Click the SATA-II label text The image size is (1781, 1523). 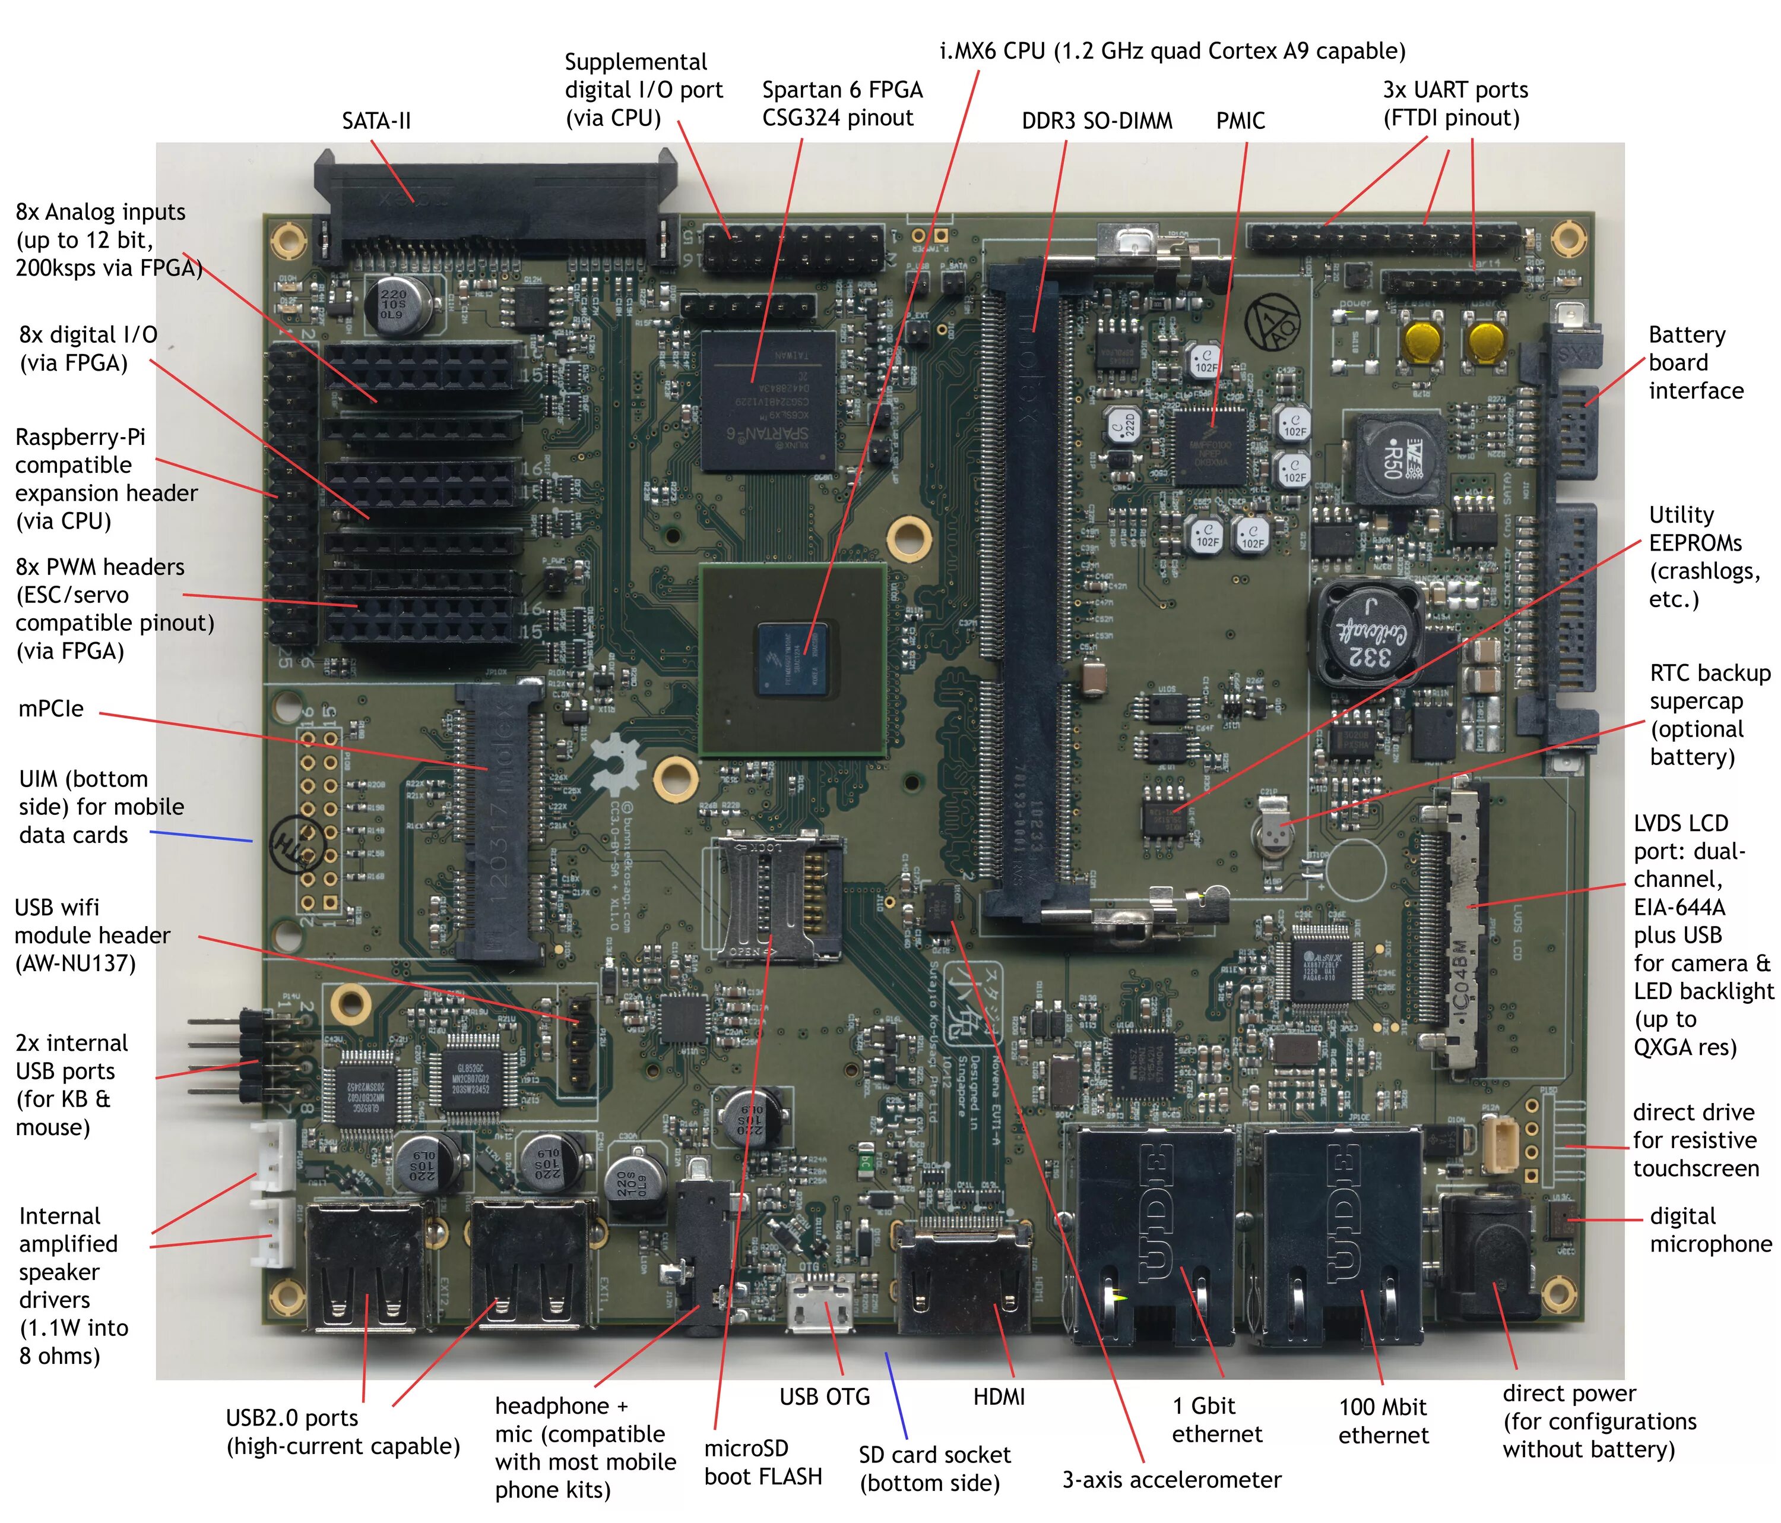point(376,121)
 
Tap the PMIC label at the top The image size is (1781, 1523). point(1240,121)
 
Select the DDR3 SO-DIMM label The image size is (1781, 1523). point(1096,121)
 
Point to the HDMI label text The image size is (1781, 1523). point(999,1396)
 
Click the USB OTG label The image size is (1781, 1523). point(825,1396)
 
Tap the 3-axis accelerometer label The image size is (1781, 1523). point(1171,1479)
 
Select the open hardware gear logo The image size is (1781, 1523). point(618,766)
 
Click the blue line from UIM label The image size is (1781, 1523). point(201,836)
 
